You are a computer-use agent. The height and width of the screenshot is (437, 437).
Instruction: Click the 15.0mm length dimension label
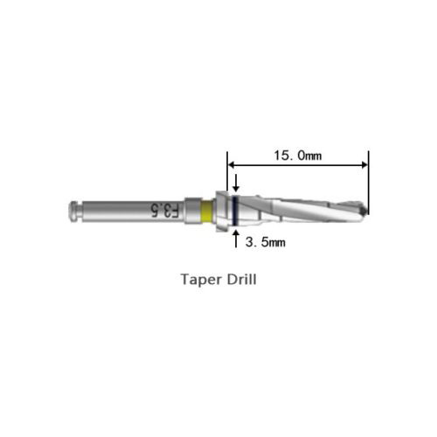pyautogui.click(x=298, y=156)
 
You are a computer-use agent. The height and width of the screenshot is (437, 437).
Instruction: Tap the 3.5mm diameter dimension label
pyautogui.click(x=266, y=242)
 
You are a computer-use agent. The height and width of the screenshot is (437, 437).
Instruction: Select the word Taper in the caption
pyautogui.click(x=201, y=280)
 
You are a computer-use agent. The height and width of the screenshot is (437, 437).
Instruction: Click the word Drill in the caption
pyautogui.click(x=242, y=280)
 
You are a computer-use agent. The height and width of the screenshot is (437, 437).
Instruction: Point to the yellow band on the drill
pyautogui.click(x=207, y=211)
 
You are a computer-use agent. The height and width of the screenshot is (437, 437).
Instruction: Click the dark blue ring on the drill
pyautogui.click(x=236, y=211)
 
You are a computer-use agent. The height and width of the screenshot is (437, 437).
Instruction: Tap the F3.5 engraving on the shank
pyautogui.click(x=165, y=211)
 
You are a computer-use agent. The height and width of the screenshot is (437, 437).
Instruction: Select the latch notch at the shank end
pyautogui.click(x=78, y=211)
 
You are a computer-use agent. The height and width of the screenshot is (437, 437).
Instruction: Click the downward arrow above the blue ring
pyautogui.click(x=236, y=183)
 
